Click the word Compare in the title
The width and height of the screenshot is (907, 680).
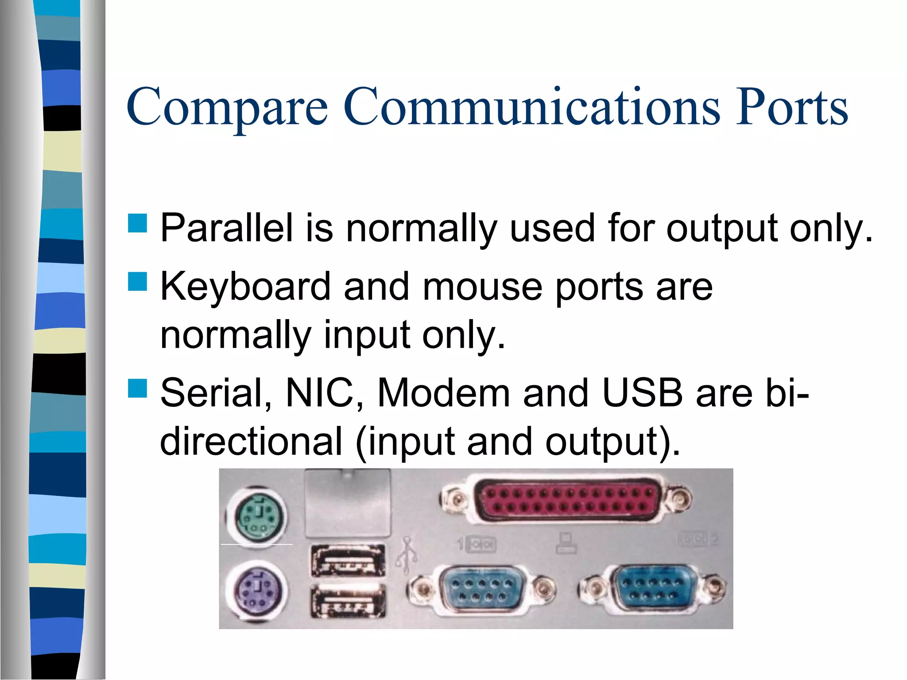click(227, 107)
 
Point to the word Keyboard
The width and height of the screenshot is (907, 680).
click(245, 287)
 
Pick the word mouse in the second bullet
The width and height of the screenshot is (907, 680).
click(482, 287)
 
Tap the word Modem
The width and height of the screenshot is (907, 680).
click(443, 393)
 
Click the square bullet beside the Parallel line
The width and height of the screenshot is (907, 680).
click(137, 224)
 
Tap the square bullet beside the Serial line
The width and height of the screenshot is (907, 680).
click(137, 388)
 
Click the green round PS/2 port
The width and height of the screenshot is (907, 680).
click(257, 516)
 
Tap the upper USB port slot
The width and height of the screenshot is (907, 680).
click(348, 560)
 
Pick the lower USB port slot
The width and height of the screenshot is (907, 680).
click(348, 600)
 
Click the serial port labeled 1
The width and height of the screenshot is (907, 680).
click(482, 589)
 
